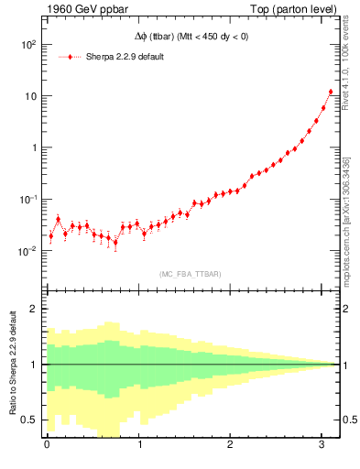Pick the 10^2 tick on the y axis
[28, 45]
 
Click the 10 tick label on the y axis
[31, 96]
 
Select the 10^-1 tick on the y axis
[28, 200]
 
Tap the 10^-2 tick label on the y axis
[28, 251]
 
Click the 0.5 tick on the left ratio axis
[30, 420]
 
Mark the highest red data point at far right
[331, 92]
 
